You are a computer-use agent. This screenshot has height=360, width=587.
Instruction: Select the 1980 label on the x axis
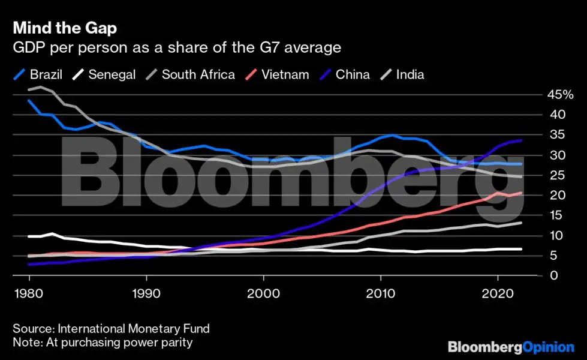click(x=29, y=295)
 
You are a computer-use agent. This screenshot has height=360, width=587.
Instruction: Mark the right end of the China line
click(x=521, y=140)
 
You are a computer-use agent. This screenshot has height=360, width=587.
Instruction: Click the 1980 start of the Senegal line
click(x=29, y=236)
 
